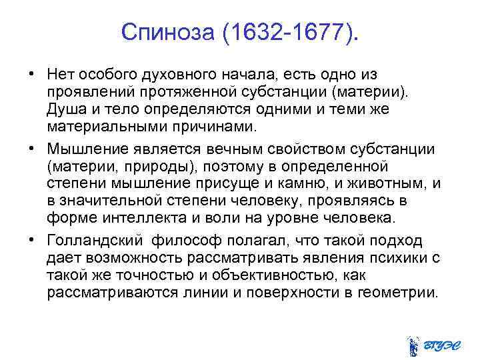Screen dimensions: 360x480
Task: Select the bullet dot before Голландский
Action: tap(32, 241)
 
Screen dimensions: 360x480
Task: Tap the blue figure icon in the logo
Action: tap(413, 345)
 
